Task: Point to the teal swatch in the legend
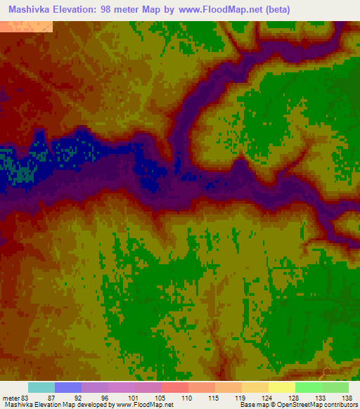tap(41, 387)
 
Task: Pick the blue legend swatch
tap(68, 387)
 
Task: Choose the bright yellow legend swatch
tap(281, 387)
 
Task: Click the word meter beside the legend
tap(11, 397)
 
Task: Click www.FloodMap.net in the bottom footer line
tap(144, 405)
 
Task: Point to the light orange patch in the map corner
tap(26, 27)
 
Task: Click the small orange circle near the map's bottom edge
tap(327, 371)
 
